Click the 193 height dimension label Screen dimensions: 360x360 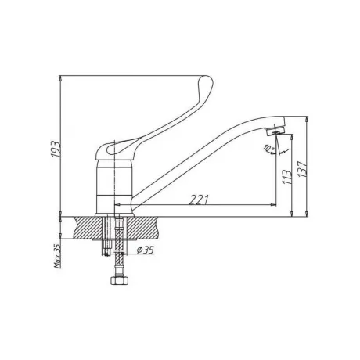pyautogui.click(x=56, y=149)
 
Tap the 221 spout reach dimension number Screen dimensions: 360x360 pyautogui.click(x=199, y=200)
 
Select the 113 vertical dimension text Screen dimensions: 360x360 pyautogui.click(x=286, y=177)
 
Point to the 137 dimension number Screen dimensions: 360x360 pyautogui.click(x=302, y=169)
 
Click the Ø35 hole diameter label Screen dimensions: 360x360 pyautogui.click(x=145, y=250)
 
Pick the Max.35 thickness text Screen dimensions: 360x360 pyautogui.click(x=57, y=256)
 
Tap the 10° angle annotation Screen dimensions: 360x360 pyautogui.click(x=268, y=148)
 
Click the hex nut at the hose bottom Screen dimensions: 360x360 pyautogui.click(x=119, y=280)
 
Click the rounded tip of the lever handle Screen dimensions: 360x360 pyautogui.click(x=207, y=79)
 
